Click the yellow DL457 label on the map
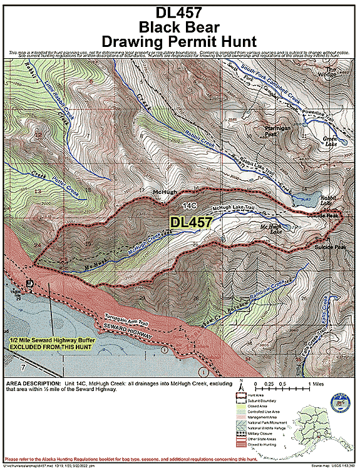191,221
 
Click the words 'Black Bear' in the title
180,27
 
